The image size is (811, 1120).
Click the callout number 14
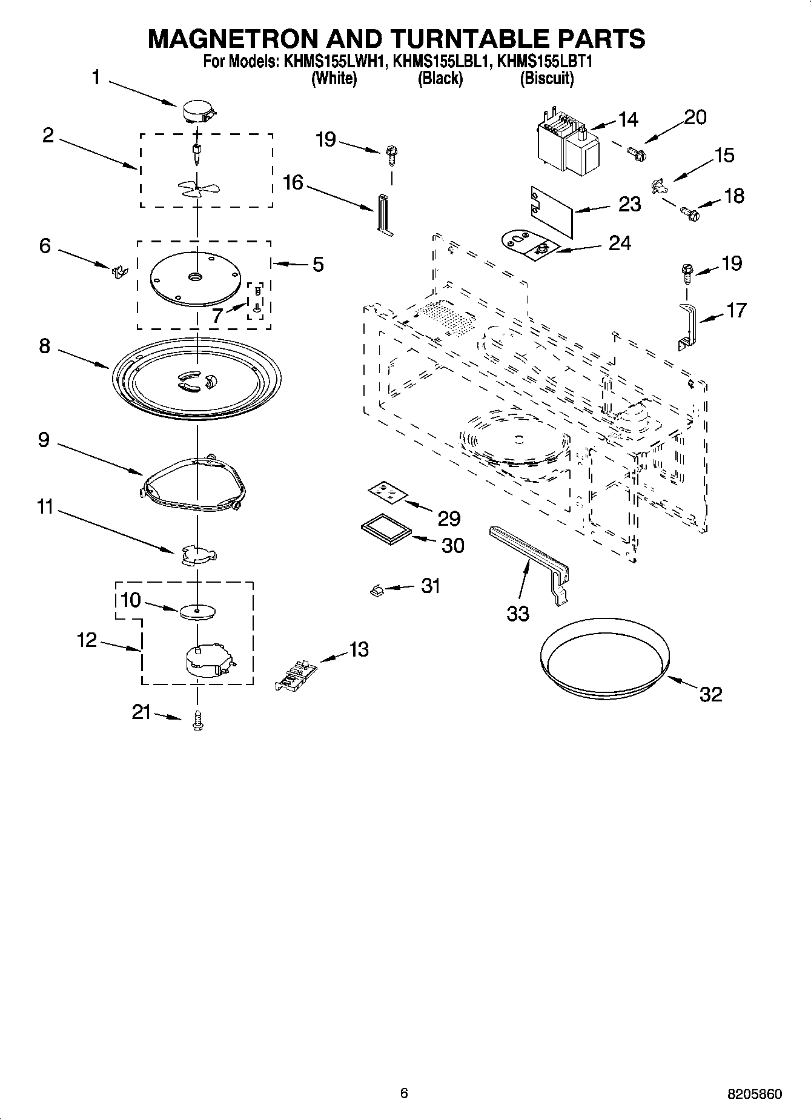pos(628,119)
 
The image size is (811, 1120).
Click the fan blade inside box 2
pos(197,188)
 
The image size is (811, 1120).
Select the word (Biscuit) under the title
pos(546,78)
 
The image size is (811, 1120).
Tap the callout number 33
pos(518,613)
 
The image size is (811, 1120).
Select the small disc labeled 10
pos(197,612)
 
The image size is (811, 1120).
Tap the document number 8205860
pos(754,1094)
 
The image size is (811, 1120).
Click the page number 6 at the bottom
pos(404,1093)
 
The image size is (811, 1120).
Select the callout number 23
pos(629,204)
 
